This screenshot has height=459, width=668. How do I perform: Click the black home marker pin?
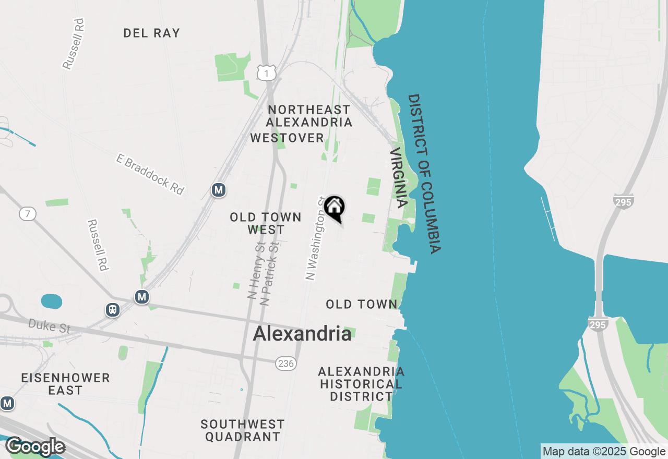(x=334, y=207)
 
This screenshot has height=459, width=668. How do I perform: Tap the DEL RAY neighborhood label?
(x=152, y=33)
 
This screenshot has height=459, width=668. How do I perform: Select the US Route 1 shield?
(x=266, y=74)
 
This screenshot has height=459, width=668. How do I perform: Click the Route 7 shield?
(x=27, y=213)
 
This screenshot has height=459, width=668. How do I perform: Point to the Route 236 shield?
(x=285, y=364)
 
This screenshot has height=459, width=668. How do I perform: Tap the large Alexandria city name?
(x=302, y=334)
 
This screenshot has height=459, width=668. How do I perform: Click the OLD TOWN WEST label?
(x=266, y=223)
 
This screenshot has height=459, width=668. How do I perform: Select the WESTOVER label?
(x=288, y=138)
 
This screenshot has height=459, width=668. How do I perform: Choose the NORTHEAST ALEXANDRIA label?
(x=309, y=116)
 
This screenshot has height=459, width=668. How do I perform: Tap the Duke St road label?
(x=49, y=327)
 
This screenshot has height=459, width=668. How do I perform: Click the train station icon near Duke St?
(x=112, y=310)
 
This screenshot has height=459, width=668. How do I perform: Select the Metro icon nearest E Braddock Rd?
(x=219, y=190)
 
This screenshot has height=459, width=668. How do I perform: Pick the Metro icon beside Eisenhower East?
(x=7, y=403)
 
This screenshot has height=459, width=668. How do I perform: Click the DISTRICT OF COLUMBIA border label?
(x=425, y=174)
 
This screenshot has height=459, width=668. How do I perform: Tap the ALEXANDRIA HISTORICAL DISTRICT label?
(x=361, y=384)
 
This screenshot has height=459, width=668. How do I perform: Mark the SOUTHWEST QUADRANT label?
(x=243, y=430)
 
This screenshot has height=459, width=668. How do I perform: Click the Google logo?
(x=35, y=447)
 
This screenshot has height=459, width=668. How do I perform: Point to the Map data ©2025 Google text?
(x=604, y=452)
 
